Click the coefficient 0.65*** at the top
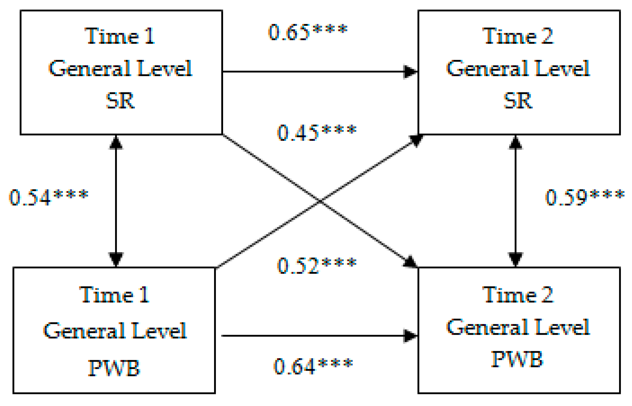pyautogui.click(x=308, y=32)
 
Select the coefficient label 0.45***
pyautogui.click(x=317, y=133)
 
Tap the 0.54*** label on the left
pyautogui.click(x=49, y=197)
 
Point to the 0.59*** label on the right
pyautogui.click(x=585, y=197)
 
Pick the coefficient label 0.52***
pyautogui.click(x=317, y=266)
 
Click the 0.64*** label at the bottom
pyautogui.click(x=313, y=366)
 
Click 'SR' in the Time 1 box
pyautogui.click(x=120, y=101)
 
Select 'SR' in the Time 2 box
pyautogui.click(x=518, y=101)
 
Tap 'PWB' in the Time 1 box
pyautogui.click(x=114, y=368)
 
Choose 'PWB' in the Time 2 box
pyautogui.click(x=517, y=359)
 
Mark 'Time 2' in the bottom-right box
pyautogui.click(x=518, y=295)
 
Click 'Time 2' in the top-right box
pyautogui.click(x=518, y=36)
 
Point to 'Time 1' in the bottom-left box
pyautogui.click(x=114, y=295)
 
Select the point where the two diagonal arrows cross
pyautogui.click(x=320, y=201)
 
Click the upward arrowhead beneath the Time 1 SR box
pyautogui.click(x=116, y=142)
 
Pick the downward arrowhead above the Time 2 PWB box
pyautogui.click(x=515, y=259)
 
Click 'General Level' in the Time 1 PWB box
pyautogui.click(x=115, y=331)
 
